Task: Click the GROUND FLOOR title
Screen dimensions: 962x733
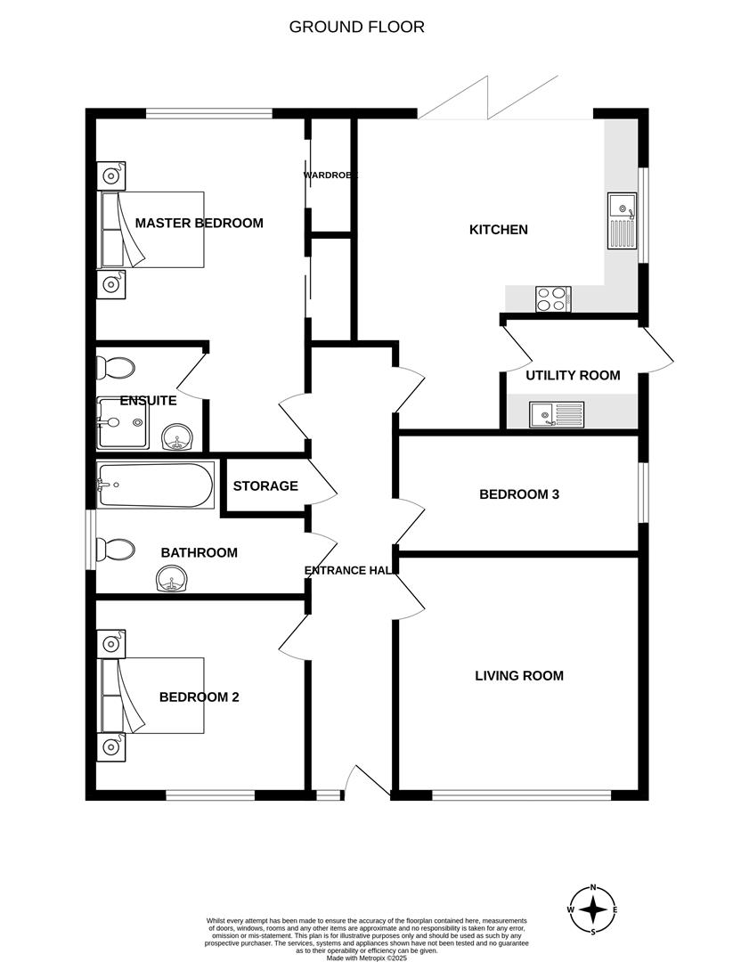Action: click(x=356, y=27)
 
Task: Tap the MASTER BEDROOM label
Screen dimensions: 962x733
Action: click(x=199, y=223)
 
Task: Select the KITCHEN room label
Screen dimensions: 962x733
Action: click(x=499, y=230)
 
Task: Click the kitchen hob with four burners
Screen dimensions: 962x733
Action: click(x=552, y=299)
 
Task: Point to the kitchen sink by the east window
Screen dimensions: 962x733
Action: click(x=621, y=221)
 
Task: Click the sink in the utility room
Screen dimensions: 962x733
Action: click(x=556, y=413)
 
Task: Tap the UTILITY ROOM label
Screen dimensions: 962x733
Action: click(x=573, y=375)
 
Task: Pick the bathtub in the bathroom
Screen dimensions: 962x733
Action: click(x=155, y=485)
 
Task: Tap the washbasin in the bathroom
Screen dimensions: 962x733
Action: click(x=171, y=583)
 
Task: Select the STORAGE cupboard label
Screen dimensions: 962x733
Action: click(x=265, y=486)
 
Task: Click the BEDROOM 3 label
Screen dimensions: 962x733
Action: click(x=518, y=494)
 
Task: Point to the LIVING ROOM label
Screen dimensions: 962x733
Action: click(x=518, y=676)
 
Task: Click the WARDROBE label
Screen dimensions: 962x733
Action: click(x=330, y=175)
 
